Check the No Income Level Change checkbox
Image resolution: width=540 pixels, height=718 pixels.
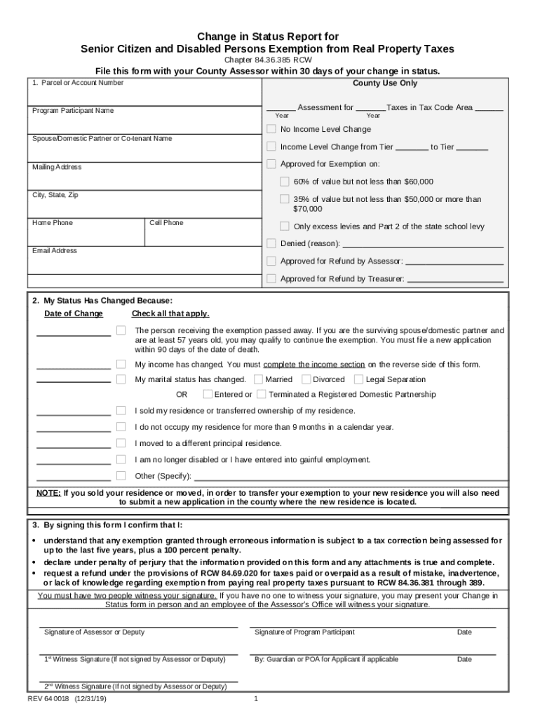click(271, 129)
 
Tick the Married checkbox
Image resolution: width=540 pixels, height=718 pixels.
click(259, 379)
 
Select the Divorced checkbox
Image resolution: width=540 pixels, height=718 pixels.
click(306, 379)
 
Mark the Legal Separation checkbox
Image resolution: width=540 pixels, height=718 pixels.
click(359, 379)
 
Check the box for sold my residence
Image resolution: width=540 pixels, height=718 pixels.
click(121, 410)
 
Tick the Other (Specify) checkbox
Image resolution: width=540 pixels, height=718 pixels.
click(121, 476)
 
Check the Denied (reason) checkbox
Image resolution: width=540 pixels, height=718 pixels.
click(271, 243)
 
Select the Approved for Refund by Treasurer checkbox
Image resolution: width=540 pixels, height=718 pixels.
click(271, 278)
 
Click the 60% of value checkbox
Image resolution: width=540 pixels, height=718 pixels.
click(285, 181)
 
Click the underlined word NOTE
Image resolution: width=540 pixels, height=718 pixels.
click(48, 493)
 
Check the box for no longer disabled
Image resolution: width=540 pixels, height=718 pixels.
click(121, 459)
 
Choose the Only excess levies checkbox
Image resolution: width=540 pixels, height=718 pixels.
click(285, 226)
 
